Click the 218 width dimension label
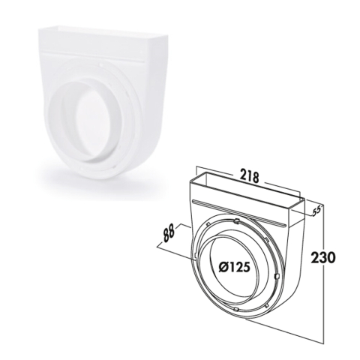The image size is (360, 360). click(x=249, y=177)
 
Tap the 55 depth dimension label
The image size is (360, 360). click(x=316, y=211)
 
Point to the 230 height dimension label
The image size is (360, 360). click(x=322, y=257)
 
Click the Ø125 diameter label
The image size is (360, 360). click(x=234, y=268)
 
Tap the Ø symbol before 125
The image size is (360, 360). click(x=223, y=268)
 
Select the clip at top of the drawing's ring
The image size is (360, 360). click(x=236, y=221)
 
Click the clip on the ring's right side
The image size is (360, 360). click(x=276, y=276)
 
